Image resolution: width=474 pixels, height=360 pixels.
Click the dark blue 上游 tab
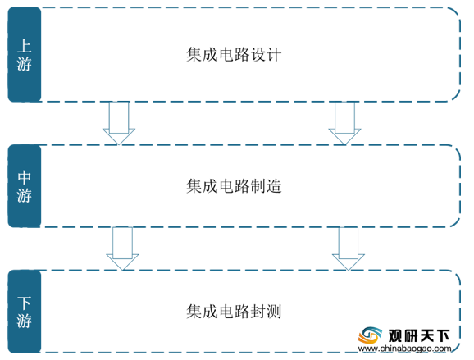pyautogui.click(x=25, y=54)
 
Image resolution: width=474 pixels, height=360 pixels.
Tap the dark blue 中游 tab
pyautogui.click(x=25, y=186)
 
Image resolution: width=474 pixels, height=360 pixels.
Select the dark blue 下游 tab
pyautogui.click(x=25, y=312)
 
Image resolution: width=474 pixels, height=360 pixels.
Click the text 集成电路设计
pyautogui.click(x=234, y=55)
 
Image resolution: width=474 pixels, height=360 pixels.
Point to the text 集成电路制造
pyautogui.click(x=234, y=186)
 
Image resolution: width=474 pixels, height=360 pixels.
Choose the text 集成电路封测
pyautogui.click(x=234, y=312)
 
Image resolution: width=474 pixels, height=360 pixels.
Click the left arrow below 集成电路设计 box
pyautogui.click(x=119, y=123)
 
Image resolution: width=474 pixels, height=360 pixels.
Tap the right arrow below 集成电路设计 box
pyautogui.click(x=344, y=123)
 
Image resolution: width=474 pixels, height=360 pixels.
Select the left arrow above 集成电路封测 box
pyautogui.click(x=122, y=248)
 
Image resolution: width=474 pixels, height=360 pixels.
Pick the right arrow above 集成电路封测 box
pyautogui.click(x=349, y=248)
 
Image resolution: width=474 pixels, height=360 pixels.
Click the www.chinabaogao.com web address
pyautogui.click(x=404, y=349)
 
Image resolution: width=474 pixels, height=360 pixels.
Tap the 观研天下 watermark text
pyautogui.click(x=419, y=335)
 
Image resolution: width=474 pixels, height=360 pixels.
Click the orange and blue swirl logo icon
pyautogui.click(x=370, y=335)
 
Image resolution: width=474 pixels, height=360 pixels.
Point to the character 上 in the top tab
pyautogui.click(x=24, y=46)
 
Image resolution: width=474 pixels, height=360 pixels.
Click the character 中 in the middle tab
pyautogui.click(x=24, y=177)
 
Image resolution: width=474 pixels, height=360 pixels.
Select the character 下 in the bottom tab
pyautogui.click(x=24, y=303)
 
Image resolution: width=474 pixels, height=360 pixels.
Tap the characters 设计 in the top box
pyautogui.click(x=266, y=55)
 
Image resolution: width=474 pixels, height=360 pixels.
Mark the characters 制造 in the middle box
pyautogui.click(x=266, y=186)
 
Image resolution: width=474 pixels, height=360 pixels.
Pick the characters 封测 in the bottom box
pyautogui.click(x=266, y=312)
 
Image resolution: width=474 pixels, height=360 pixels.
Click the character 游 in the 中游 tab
pyautogui.click(x=24, y=195)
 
